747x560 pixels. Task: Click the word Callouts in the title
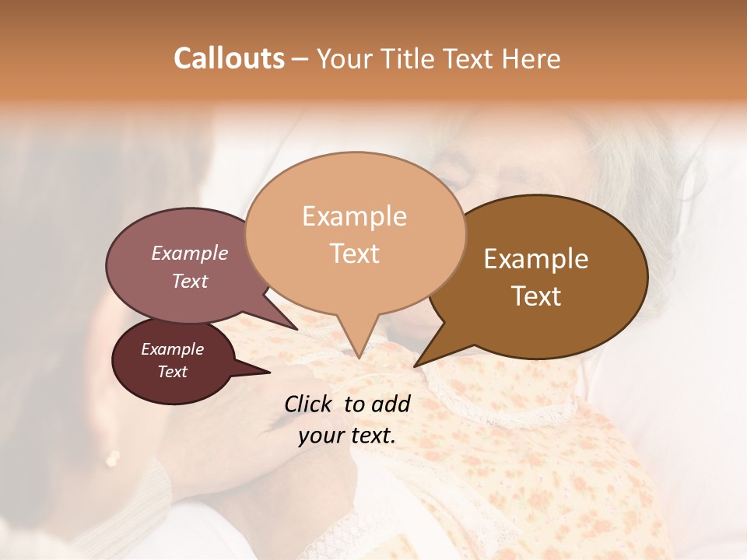coord(230,58)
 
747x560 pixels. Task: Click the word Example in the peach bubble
coord(354,216)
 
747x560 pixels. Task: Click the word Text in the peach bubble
coord(355,254)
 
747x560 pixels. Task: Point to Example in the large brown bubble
coord(536,259)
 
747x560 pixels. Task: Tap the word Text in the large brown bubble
coord(536,296)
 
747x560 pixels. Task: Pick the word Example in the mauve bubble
coord(190,253)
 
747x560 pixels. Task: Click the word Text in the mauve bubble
coord(190,281)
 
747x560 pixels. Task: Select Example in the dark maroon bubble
coord(172,349)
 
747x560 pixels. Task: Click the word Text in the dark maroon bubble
coord(172,372)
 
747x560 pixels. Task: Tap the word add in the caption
coord(390,404)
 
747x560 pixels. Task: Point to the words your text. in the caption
coord(347,436)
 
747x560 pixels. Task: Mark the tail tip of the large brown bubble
coord(416,365)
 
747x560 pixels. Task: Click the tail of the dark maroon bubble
coord(265,372)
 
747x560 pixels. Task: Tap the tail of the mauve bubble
coord(294,327)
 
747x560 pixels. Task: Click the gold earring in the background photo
coord(113,458)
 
